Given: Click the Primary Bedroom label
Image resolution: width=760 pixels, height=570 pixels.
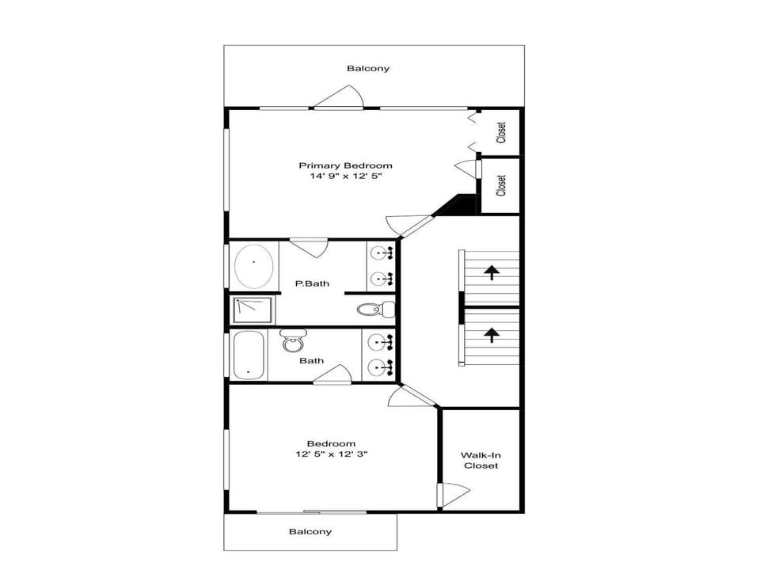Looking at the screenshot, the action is (345, 165).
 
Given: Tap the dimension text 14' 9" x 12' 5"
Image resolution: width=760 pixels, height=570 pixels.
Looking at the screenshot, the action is (346, 176).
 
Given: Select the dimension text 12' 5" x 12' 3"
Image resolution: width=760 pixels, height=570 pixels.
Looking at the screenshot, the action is (332, 454).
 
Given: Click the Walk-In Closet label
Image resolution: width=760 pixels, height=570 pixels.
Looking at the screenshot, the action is (481, 461).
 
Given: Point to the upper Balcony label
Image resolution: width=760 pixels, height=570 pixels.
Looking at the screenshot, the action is (368, 68).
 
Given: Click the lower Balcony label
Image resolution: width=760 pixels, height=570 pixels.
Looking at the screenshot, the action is (310, 531).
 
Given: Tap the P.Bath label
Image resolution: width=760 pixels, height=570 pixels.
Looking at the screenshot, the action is (312, 283).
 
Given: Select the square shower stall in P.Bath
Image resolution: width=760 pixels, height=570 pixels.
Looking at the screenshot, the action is (254, 310).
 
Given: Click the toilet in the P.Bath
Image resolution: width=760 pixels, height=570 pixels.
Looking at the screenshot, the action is (376, 309).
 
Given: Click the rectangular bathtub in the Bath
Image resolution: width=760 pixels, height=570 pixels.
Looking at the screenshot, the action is (249, 355).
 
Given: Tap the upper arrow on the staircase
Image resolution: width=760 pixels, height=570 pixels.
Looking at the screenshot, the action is (492, 272).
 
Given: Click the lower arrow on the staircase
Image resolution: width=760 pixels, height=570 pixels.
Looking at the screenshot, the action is (492, 335).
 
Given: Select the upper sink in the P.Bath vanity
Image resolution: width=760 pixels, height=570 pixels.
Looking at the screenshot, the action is (381, 253).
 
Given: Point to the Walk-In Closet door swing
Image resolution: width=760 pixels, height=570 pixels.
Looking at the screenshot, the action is (454, 494).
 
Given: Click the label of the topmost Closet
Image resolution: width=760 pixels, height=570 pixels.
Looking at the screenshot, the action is (501, 132).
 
